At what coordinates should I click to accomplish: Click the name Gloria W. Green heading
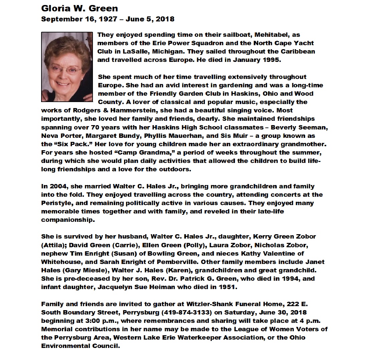pyautogui.click(x=80, y=8)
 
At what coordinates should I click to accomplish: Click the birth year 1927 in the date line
pyautogui.click(x=108, y=19)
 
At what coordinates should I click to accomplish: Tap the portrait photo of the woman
pyautogui.click(x=67, y=67)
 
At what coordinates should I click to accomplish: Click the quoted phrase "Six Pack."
pyautogui.click(x=73, y=144)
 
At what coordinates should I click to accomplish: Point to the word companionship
pyautogui.click(x=68, y=220)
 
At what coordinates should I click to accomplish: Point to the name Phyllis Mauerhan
pyautogui.click(x=173, y=136)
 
